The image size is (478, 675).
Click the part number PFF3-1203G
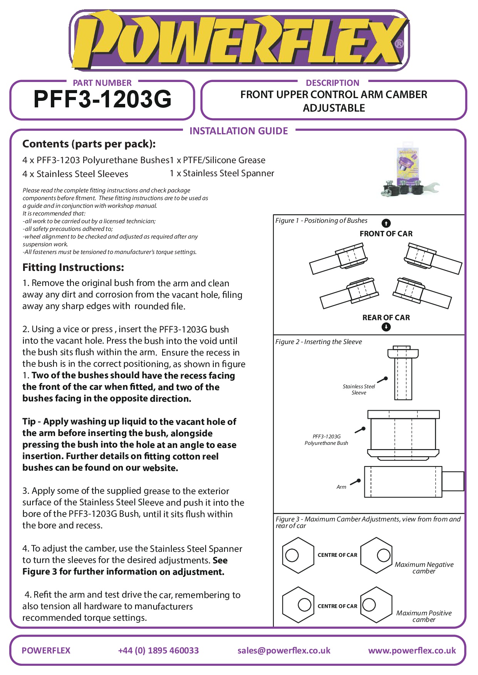tap(102, 99)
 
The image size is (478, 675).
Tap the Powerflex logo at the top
tap(239, 40)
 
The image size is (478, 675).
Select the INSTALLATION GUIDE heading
tap(238, 131)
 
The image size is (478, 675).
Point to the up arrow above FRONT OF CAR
tap(386, 223)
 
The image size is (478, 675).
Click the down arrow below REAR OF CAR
tap(386, 327)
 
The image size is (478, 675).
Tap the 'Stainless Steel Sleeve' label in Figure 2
tap(359, 389)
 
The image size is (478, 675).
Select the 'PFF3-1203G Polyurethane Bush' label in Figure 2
tap(326, 440)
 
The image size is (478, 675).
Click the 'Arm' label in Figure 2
tap(341, 487)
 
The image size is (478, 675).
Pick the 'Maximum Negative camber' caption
tap(424, 568)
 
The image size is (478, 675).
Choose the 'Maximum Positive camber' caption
tap(424, 616)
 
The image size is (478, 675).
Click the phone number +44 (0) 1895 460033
tap(158, 651)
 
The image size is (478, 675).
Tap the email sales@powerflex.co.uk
tap(284, 651)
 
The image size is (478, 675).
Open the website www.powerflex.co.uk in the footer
tap(412, 651)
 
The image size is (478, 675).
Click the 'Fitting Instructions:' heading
tap(73, 267)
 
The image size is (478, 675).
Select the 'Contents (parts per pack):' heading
tap(89, 144)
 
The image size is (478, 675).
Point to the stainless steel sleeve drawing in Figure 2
tap(403, 373)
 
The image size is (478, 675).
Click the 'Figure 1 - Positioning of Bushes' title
tap(321, 221)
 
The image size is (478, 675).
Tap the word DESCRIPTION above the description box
tap(332, 83)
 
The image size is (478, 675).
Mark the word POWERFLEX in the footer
tap(46, 651)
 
